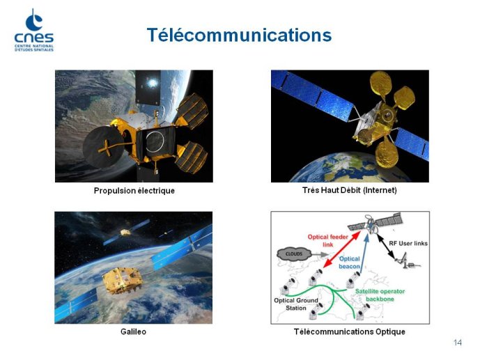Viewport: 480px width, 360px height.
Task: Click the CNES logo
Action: click(x=33, y=30)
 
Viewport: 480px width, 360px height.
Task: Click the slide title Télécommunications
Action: click(x=239, y=35)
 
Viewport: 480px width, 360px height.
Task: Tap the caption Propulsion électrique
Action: click(x=134, y=191)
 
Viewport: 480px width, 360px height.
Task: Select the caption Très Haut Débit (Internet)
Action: click(x=349, y=190)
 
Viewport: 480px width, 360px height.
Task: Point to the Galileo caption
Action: click(x=133, y=331)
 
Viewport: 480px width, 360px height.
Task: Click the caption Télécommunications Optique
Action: click(x=349, y=332)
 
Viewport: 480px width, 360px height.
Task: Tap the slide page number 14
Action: click(x=458, y=343)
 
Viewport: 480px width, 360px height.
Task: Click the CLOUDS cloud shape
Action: click(x=294, y=254)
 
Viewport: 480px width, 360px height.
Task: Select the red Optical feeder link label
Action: click(x=328, y=241)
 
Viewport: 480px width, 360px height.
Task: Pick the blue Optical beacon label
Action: click(x=349, y=263)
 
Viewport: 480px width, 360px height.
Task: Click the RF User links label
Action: click(x=408, y=244)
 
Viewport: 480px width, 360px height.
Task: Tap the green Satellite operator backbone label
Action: click(x=380, y=295)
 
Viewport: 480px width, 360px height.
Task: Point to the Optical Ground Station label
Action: click(x=296, y=304)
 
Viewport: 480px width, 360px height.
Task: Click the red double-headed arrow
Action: click(x=342, y=249)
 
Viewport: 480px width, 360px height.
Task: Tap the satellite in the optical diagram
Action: click(x=376, y=224)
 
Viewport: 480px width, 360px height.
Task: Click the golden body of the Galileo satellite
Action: click(x=122, y=280)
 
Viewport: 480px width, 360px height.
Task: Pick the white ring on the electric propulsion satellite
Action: click(x=155, y=142)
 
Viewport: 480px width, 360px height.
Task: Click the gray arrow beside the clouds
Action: click(x=320, y=254)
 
